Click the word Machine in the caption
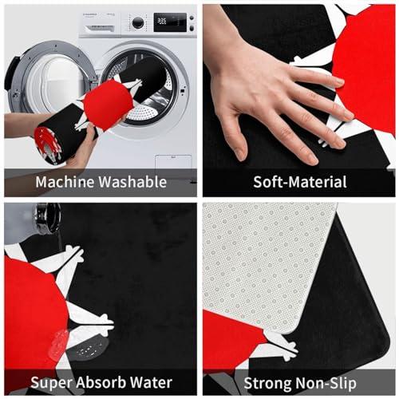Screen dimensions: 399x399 coord(65,182)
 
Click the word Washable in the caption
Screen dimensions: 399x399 coord(132,182)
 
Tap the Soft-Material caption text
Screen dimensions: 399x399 coord(300,182)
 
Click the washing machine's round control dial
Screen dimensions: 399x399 coord(138,22)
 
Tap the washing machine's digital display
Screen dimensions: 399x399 coord(170,22)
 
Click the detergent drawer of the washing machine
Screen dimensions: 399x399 coord(97,22)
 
